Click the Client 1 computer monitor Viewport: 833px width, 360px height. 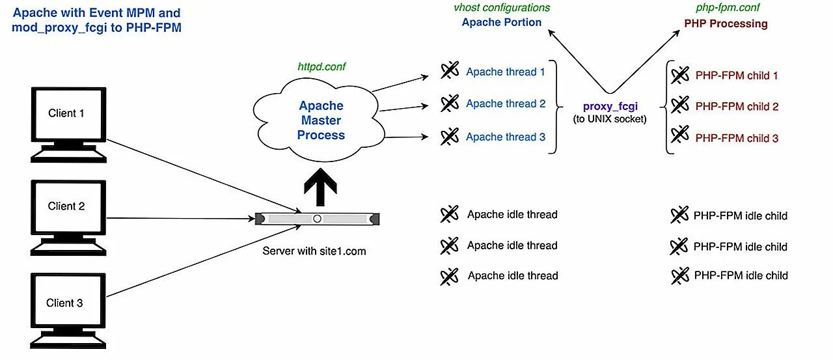point(68,124)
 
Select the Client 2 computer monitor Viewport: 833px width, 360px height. point(68,218)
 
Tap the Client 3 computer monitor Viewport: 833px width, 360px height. point(68,311)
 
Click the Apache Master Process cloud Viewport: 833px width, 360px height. point(319,120)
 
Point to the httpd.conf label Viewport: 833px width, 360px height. point(321,66)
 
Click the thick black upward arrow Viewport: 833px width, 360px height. point(320,187)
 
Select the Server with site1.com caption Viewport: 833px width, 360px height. point(314,251)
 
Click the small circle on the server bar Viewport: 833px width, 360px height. point(317,219)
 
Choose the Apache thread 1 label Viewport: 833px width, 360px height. point(506,72)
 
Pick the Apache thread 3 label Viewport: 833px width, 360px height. point(506,137)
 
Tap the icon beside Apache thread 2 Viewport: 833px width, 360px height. point(450,104)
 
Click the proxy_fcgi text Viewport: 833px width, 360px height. point(610,106)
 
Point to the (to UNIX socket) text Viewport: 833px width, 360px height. point(610,119)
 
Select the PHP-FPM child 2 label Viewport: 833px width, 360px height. point(737,107)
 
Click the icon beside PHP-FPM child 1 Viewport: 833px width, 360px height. point(680,75)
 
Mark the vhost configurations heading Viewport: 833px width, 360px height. point(502,7)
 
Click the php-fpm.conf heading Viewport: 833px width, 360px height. point(728,7)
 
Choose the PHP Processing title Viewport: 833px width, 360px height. point(726,23)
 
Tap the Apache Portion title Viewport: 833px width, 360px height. point(501,22)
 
